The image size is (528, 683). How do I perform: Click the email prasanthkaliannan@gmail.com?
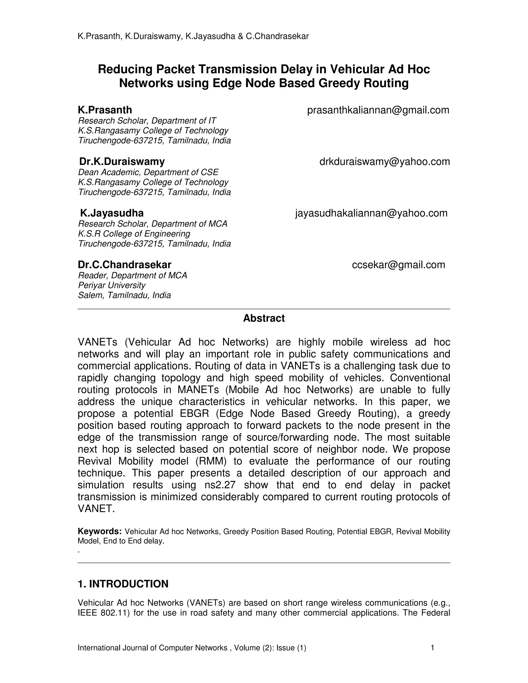[378, 110]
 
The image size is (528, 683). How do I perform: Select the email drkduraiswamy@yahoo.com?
[384, 162]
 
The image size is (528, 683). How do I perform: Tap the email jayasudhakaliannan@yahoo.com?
[371, 213]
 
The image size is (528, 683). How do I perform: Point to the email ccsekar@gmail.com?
[398, 265]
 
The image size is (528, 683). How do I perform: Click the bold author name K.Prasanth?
[105, 110]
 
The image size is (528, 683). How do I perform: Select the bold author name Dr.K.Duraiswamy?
[122, 162]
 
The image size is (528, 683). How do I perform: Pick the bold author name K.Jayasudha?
[112, 213]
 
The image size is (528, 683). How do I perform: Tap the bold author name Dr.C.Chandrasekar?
[125, 265]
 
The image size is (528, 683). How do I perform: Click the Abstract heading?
[264, 318]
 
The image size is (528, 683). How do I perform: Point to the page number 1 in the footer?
[432, 648]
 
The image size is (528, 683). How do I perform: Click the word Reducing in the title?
[125, 69]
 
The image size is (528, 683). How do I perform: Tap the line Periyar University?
[112, 285]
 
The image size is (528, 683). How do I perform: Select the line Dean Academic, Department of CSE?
[148, 172]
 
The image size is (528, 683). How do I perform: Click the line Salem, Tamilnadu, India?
[124, 295]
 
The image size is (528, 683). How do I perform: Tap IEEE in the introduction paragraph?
[87, 613]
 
